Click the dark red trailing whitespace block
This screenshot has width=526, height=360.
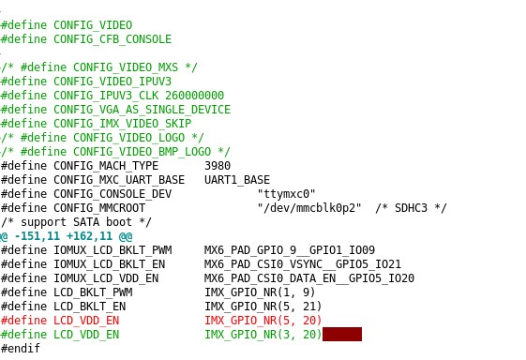pyautogui.click(x=341, y=334)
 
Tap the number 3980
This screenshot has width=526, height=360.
pyautogui.click(x=218, y=165)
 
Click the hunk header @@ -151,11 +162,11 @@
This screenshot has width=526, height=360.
pyautogui.click(x=66, y=235)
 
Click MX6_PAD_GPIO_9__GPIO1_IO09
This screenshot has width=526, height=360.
pyautogui.click(x=290, y=249)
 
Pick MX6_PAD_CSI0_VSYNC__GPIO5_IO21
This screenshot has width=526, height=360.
pyautogui.click(x=302, y=263)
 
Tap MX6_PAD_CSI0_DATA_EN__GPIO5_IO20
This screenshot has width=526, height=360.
pyautogui.click(x=309, y=277)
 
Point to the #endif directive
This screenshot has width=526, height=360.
pyautogui.click(x=20, y=348)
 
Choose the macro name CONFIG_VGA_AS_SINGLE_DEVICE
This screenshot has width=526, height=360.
pyautogui.click(x=140, y=109)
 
